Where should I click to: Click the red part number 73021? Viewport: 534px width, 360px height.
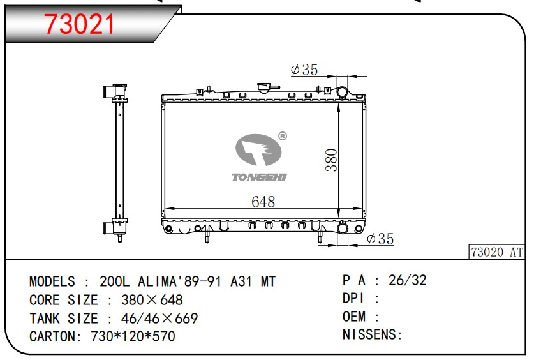tap(80, 24)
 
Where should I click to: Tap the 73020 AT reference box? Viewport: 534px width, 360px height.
tap(497, 252)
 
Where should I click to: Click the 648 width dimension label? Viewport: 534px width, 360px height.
tap(263, 202)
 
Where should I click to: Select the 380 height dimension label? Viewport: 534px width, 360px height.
tap(331, 160)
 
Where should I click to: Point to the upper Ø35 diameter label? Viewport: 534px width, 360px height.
tap(304, 70)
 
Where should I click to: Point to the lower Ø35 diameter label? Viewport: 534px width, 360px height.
tap(380, 239)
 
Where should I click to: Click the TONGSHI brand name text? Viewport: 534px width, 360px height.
tap(259, 177)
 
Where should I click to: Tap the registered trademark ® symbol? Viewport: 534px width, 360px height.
tap(283, 136)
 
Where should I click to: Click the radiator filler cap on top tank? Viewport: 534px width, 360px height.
tap(264, 87)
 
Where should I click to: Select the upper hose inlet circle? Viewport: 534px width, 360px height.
tap(342, 92)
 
